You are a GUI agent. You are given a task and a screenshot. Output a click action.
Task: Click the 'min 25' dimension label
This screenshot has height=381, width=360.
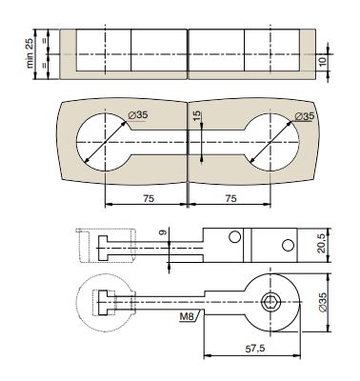pos(30,54)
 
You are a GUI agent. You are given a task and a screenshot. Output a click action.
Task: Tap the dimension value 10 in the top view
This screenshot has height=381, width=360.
pos(323,62)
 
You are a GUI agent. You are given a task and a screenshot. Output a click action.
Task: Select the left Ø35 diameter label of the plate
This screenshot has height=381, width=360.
pos(138,115)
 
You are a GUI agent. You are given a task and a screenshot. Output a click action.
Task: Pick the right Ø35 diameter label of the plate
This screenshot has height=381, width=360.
pos(305,116)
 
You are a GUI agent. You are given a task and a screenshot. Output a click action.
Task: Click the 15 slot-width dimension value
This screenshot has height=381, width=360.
pos(197,115)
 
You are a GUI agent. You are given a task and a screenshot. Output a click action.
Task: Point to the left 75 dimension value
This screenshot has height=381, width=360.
pos(149,198)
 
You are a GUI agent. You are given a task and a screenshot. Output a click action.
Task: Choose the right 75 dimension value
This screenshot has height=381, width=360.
pos(230,198)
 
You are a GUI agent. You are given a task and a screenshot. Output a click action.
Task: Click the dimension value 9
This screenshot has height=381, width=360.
pos(163,232)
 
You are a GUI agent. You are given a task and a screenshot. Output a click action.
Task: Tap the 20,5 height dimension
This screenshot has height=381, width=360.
pos(322,244)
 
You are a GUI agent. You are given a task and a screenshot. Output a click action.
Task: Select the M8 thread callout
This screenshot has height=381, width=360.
pos(187,316)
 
